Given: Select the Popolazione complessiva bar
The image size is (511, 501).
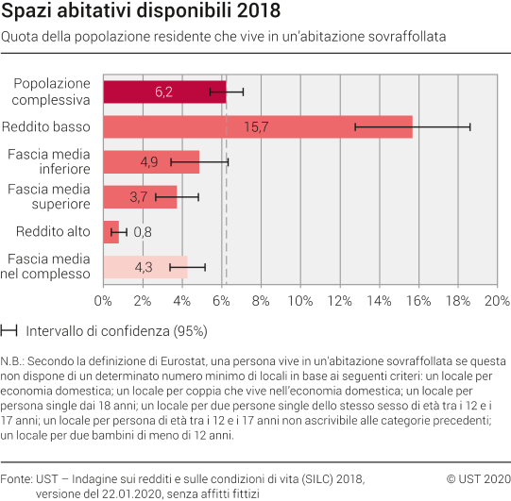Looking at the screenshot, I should coord(164,92).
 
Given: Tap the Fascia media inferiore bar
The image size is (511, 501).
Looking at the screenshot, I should coord(150,161).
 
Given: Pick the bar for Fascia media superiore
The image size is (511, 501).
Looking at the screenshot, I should coord(139,196).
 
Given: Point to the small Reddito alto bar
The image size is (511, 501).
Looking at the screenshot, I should coord(111,231).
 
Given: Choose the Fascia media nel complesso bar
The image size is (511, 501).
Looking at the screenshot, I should coord(145,267).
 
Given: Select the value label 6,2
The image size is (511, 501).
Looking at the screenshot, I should coord(163,92).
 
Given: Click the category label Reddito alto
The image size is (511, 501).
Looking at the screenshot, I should coord(53,231).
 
